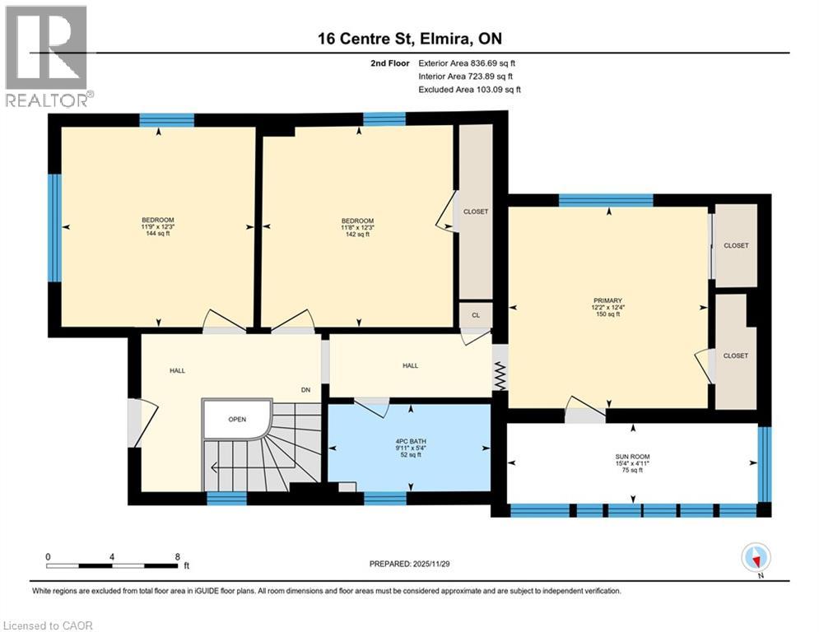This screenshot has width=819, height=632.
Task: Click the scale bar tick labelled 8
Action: point(178,555)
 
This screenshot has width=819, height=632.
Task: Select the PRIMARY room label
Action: point(608,300)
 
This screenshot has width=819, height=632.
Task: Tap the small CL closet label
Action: point(475,315)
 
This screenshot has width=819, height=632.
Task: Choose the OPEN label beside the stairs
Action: point(237,419)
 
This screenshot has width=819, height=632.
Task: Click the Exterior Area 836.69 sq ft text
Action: point(467,63)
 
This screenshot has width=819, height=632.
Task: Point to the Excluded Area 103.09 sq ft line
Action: point(469,89)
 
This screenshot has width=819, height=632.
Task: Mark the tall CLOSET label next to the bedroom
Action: point(475,211)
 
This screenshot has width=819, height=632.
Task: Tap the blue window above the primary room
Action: point(606,200)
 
